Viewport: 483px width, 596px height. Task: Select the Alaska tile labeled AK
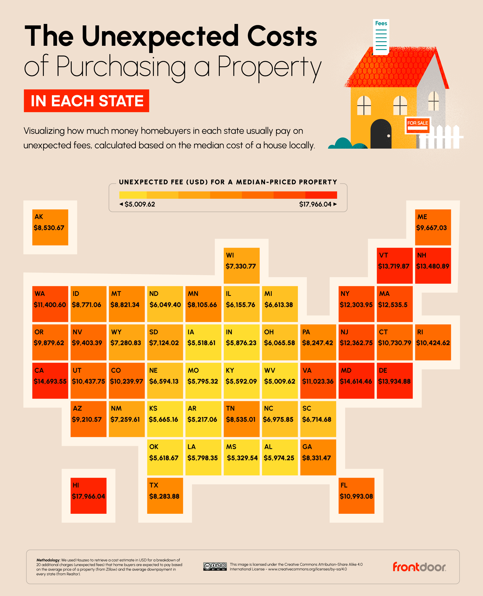pyautogui.click(x=50, y=227)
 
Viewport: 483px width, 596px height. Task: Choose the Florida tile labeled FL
pyautogui.click(x=356, y=495)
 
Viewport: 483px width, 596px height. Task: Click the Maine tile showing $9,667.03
pyautogui.click(x=433, y=227)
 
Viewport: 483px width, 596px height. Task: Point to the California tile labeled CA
pyautogui.click(x=50, y=380)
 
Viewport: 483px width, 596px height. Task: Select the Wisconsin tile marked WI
pyautogui.click(x=241, y=265)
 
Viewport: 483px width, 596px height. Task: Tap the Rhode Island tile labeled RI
pyautogui.click(x=433, y=342)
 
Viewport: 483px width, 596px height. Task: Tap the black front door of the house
pyautogui.click(x=381, y=134)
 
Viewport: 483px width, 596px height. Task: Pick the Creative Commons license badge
pyautogui.click(x=215, y=566)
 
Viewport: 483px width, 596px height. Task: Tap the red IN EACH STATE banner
pyautogui.click(x=87, y=101)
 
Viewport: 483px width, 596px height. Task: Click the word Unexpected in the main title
pyautogui.click(x=160, y=36)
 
